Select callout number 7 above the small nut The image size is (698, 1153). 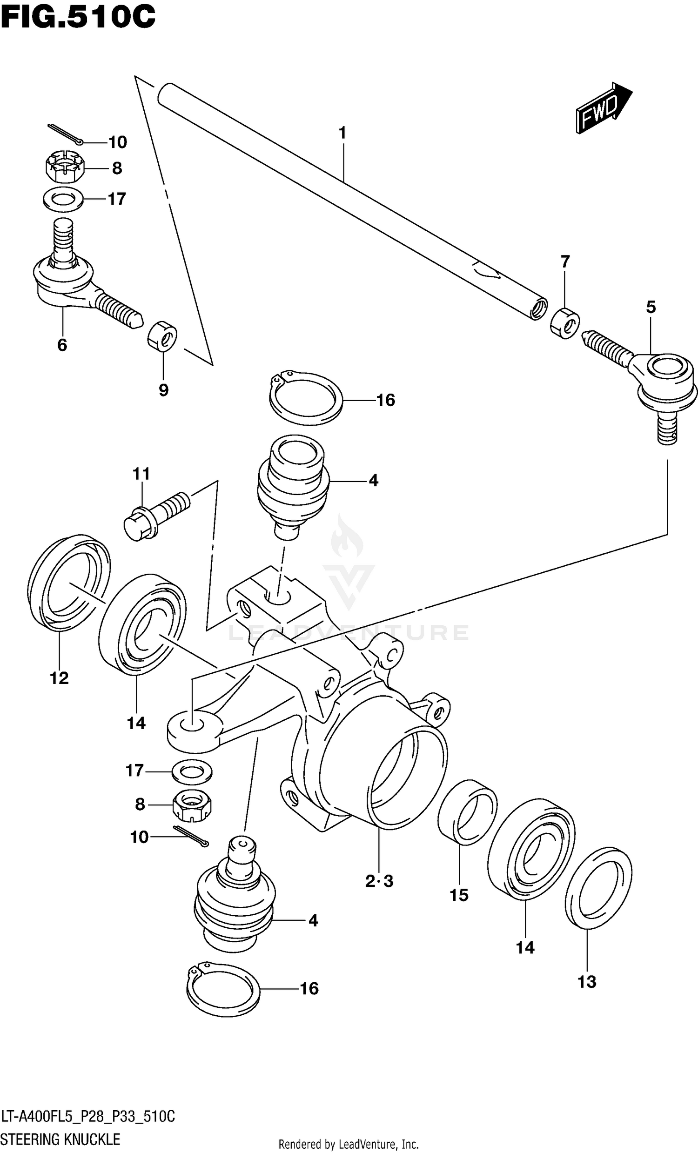[565, 261]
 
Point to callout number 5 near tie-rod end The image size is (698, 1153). [651, 308]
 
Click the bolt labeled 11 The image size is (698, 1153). [156, 515]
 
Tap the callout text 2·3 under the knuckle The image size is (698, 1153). [379, 882]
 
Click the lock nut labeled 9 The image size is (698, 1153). [162, 335]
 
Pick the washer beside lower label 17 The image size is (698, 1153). [192, 771]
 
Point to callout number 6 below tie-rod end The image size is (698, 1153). [62, 345]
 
